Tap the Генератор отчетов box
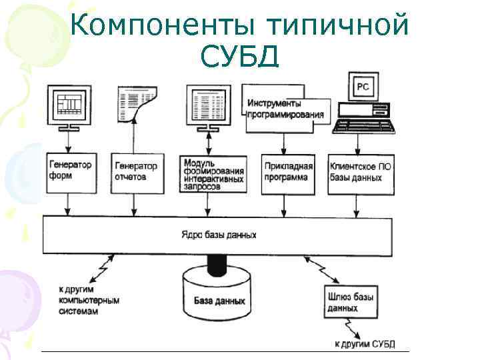137,173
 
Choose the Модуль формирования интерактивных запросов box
212,174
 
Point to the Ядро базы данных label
218,235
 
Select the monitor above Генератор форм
67,106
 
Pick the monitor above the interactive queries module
211,106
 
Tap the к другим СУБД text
364,344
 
